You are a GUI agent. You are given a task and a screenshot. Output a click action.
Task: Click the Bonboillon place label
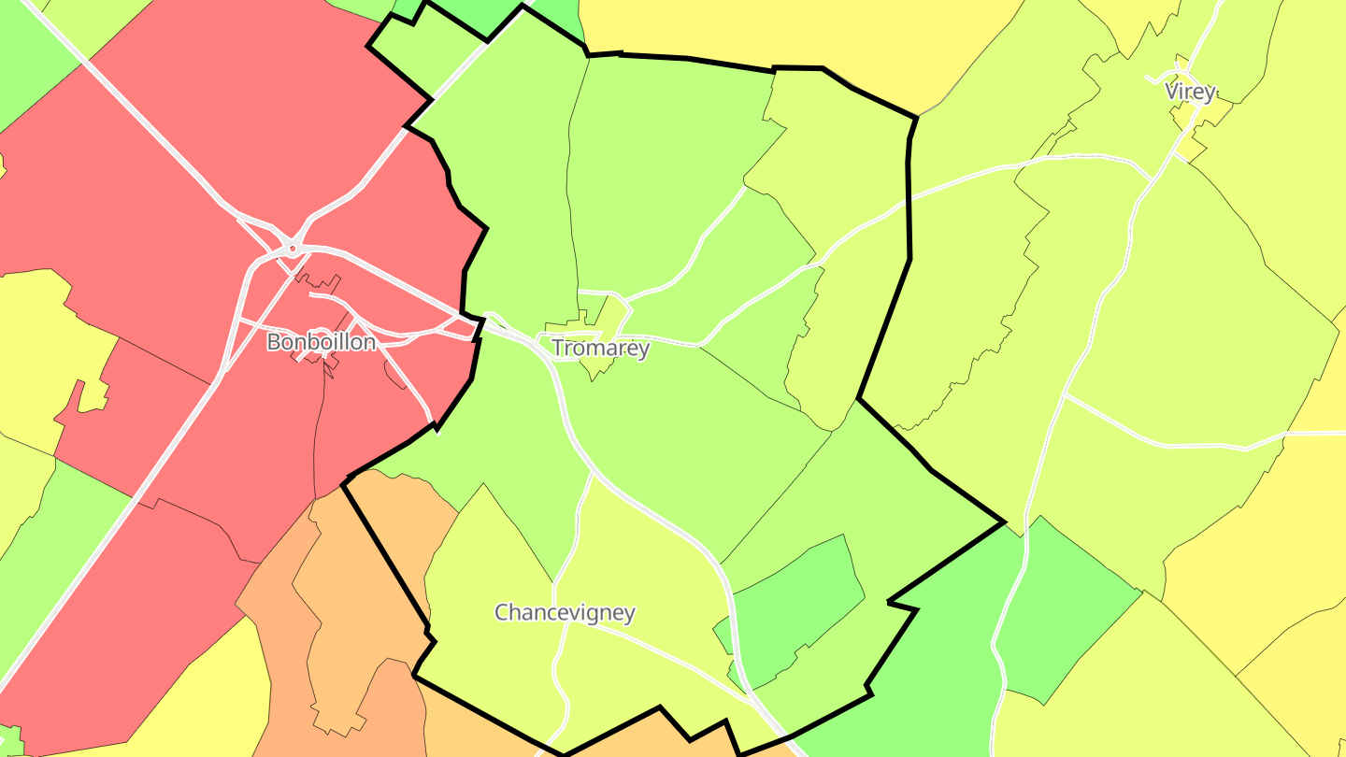tap(322, 342)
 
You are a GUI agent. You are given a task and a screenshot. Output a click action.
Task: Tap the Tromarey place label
tap(600, 349)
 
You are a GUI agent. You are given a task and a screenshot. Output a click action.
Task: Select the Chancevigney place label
tap(565, 613)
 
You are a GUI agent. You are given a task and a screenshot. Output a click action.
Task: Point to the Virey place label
tap(1190, 92)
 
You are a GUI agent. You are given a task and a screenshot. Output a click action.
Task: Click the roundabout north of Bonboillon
tap(293, 249)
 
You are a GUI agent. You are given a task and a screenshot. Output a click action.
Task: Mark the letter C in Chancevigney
tap(501, 613)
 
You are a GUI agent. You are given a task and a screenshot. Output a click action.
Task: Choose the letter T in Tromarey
tap(557, 349)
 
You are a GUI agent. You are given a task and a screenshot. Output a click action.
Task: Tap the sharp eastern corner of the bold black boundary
tap(1004, 522)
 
